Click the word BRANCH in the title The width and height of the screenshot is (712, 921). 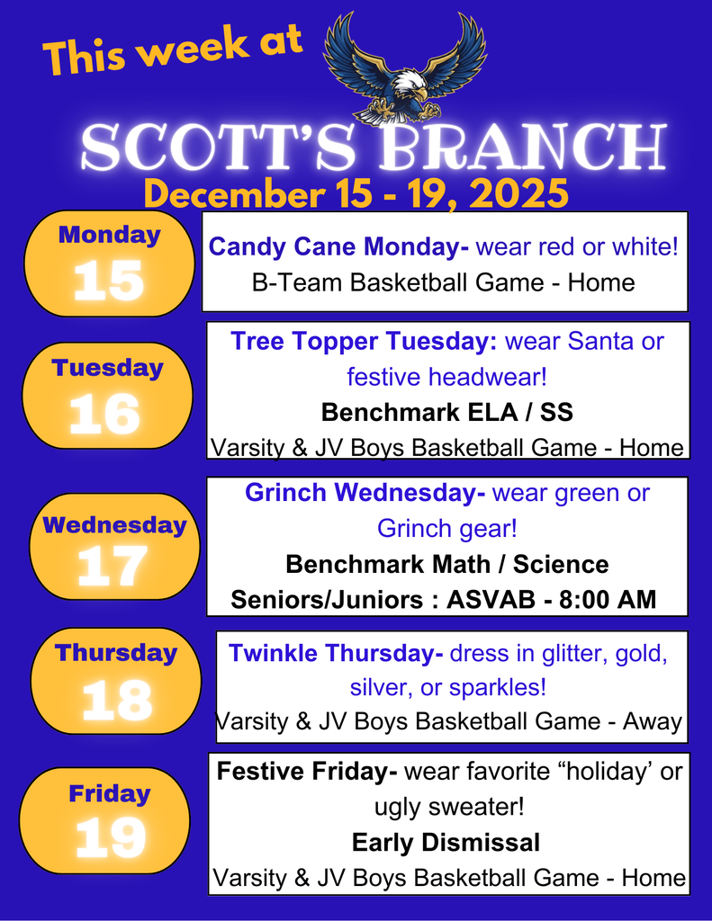(522, 148)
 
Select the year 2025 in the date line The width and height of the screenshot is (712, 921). (519, 193)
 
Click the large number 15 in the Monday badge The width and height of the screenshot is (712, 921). (109, 281)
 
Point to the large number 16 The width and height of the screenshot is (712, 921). (105, 415)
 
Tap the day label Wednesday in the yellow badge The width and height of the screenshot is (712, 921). (114, 524)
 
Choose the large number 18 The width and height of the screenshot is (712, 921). (116, 700)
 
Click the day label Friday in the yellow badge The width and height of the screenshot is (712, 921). (109, 793)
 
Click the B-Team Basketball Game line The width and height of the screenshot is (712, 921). (444, 282)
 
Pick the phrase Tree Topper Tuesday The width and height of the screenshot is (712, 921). (364, 342)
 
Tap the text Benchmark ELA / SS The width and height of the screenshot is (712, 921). (446, 412)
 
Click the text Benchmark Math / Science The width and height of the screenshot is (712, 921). (446, 564)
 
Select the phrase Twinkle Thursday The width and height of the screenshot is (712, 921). (336, 653)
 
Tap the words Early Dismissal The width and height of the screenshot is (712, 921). (446, 842)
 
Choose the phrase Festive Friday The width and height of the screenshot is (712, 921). (306, 772)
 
